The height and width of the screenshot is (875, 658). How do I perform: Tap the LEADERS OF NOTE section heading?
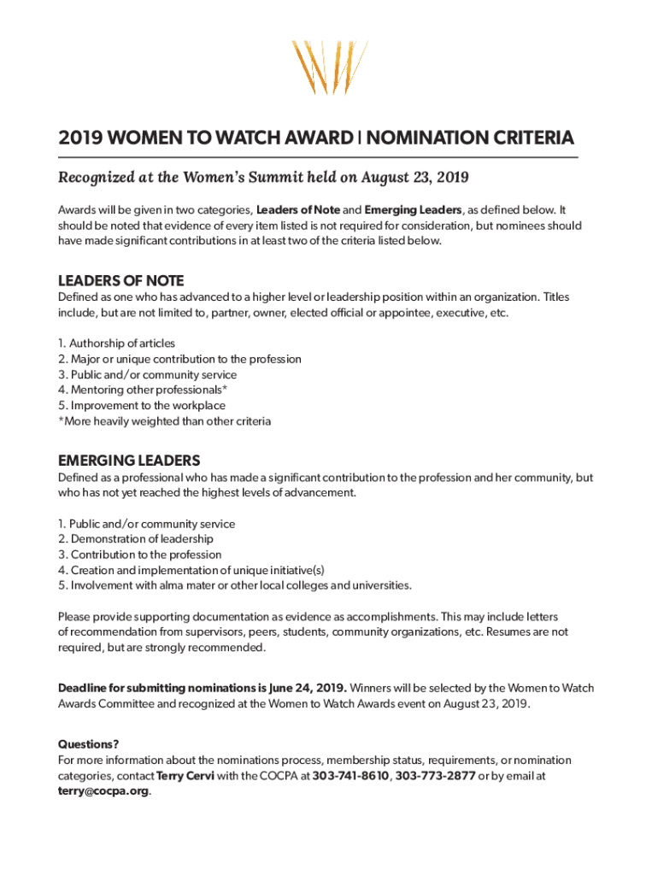coord(120,281)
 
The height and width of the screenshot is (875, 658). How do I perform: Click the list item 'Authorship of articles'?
coord(116,344)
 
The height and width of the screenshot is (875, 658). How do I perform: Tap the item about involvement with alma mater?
coord(234,585)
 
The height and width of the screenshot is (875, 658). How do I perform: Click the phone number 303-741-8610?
coord(351,776)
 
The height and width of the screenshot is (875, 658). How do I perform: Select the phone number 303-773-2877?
coord(435,776)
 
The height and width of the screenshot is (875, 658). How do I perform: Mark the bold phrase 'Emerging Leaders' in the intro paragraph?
coord(414,210)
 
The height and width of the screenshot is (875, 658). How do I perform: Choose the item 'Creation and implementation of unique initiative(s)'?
coord(191,570)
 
